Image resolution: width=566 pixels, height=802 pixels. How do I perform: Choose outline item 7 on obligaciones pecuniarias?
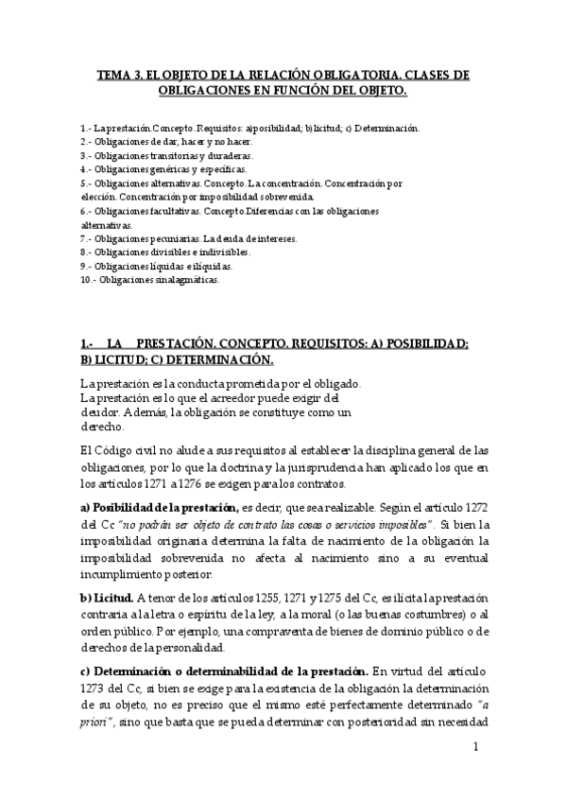click(189, 239)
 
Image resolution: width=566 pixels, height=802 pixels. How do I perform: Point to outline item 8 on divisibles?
click(165, 253)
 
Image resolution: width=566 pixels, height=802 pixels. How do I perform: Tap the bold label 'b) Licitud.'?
click(106, 598)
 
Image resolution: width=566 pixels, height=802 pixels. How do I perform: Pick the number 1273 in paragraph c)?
click(96, 689)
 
